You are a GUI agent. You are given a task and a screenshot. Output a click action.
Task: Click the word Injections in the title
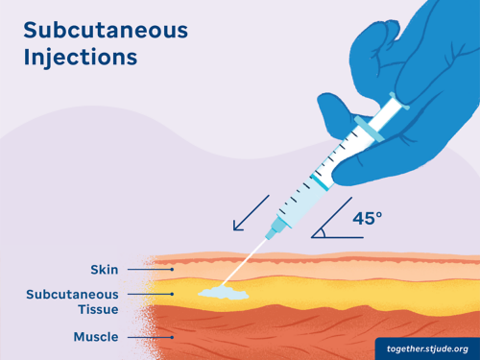click(x=81, y=57)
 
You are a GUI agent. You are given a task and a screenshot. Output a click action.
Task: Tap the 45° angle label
click(x=367, y=219)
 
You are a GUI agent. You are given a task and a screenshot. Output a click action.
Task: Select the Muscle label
click(x=96, y=337)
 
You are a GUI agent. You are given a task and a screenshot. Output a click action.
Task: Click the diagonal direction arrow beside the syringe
click(x=252, y=213)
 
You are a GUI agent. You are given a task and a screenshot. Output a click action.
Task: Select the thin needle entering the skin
click(x=252, y=253)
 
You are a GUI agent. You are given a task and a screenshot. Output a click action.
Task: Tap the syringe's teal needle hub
click(x=277, y=225)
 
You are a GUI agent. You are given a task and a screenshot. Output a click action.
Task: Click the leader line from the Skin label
click(x=140, y=270)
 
